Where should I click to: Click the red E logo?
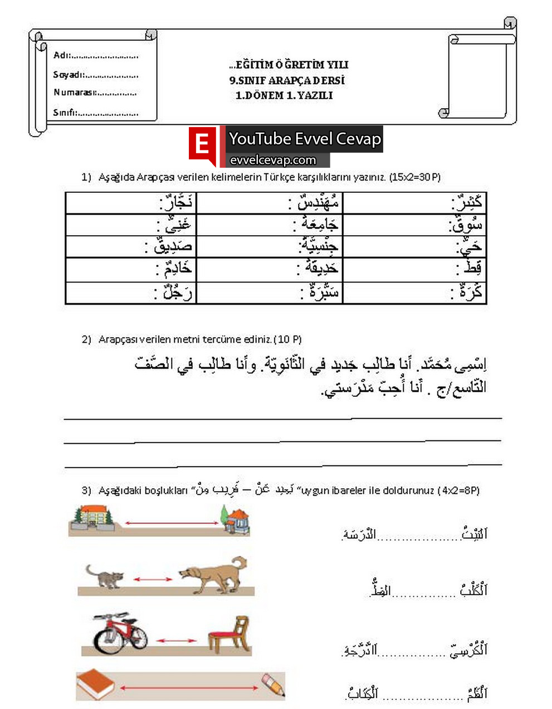tap(202, 145)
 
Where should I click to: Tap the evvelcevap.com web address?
tap(273, 161)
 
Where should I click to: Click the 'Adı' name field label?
tap(61, 55)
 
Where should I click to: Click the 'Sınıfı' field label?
tap(65, 113)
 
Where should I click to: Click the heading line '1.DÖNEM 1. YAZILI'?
tap(284, 95)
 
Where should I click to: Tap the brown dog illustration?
tap(213, 574)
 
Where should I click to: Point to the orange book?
tap(95, 684)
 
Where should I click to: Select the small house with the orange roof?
tap(235, 519)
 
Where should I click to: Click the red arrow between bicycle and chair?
tap(176, 640)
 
